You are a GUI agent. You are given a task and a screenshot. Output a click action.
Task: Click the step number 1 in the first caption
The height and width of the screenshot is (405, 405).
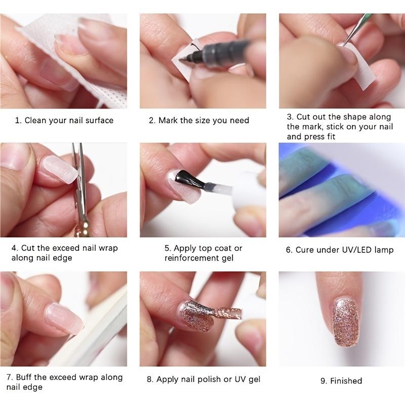tap(17, 120)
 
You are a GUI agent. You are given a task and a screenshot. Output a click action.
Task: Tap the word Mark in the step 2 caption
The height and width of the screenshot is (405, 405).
tap(169, 120)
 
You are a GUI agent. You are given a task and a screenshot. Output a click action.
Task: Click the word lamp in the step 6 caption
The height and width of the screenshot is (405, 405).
tap(383, 250)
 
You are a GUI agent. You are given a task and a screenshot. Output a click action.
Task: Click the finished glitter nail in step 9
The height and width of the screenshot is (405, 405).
tap(345, 321)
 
